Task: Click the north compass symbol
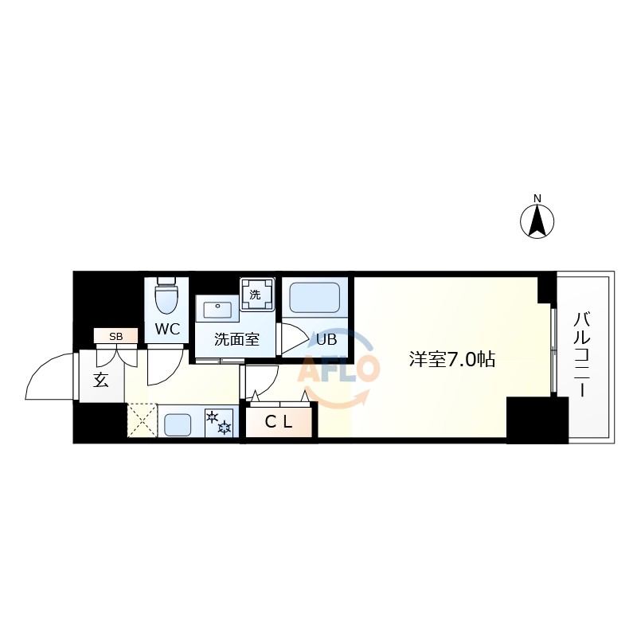click(x=537, y=221)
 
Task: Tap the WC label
click(x=167, y=329)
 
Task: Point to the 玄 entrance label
click(x=101, y=380)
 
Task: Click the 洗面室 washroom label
click(x=236, y=339)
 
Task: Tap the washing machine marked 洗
click(x=256, y=294)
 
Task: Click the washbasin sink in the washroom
click(x=217, y=308)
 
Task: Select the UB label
click(x=327, y=339)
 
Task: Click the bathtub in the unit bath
click(x=316, y=299)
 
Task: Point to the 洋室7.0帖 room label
click(x=452, y=359)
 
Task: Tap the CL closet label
click(x=279, y=423)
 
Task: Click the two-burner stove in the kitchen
click(x=219, y=422)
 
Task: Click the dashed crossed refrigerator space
click(x=143, y=420)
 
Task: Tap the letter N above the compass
click(x=537, y=198)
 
